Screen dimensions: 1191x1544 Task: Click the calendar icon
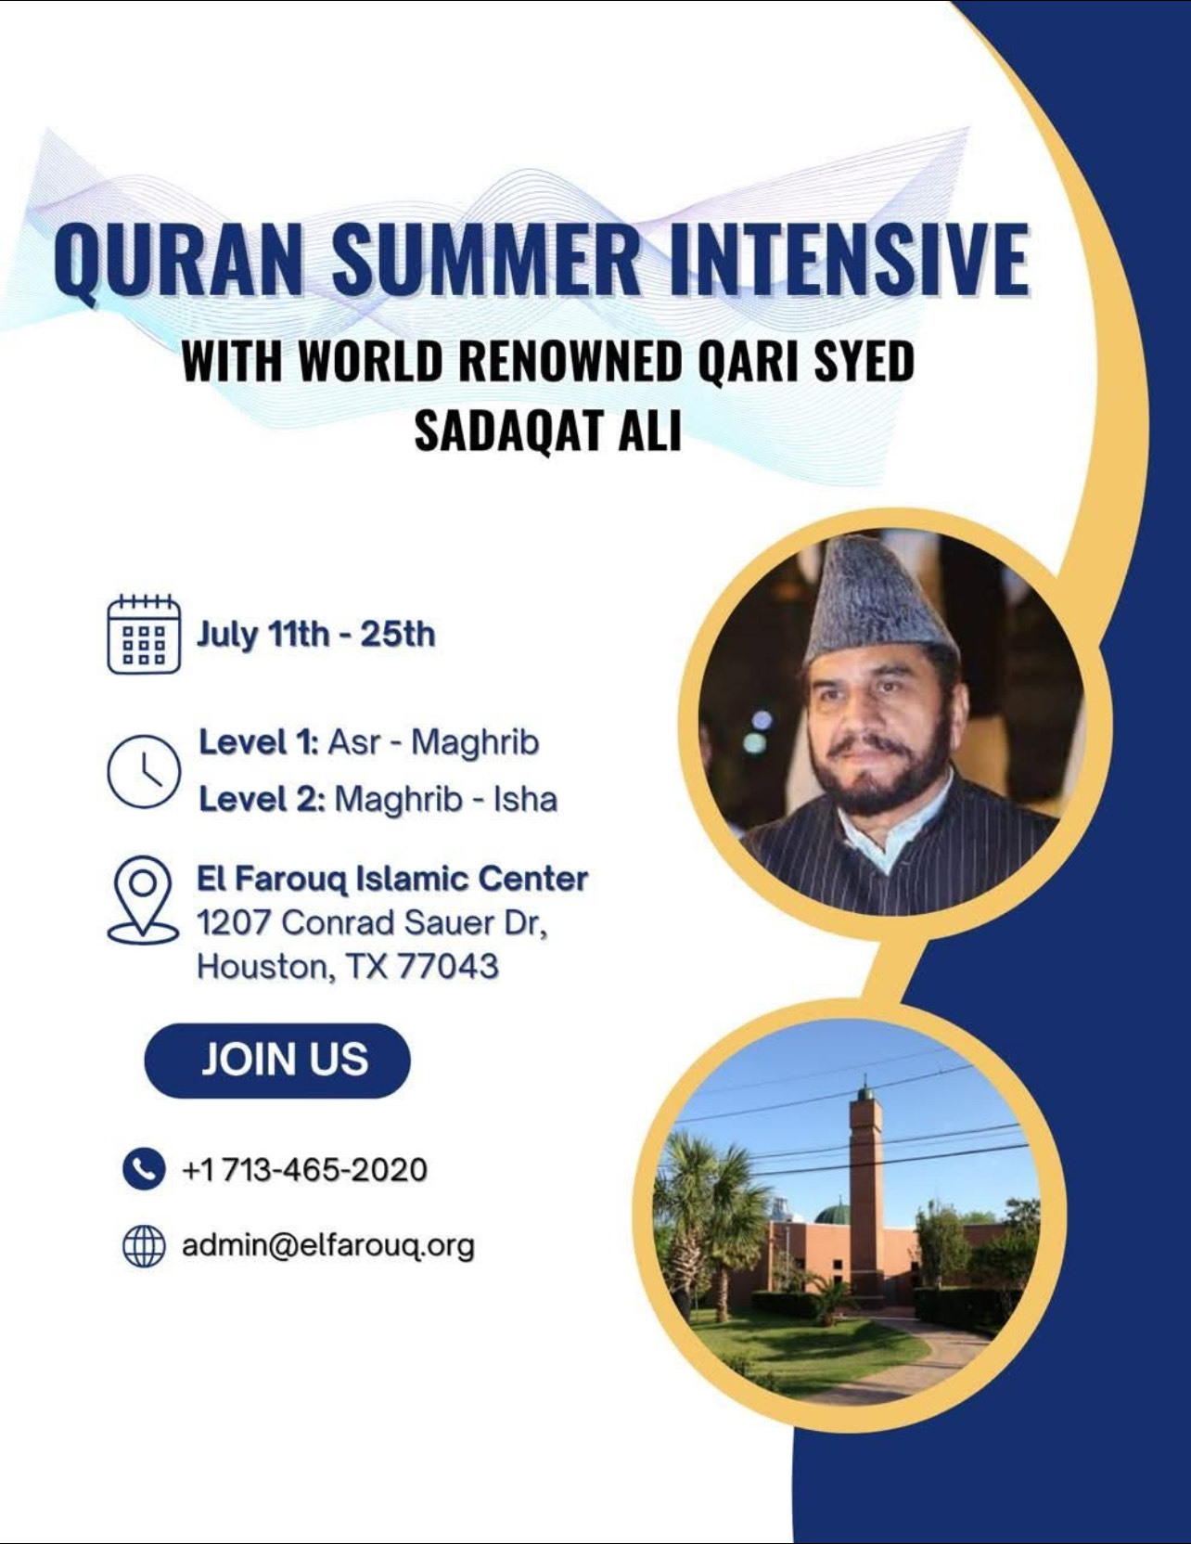coord(144,634)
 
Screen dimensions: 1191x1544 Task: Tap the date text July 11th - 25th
coord(315,635)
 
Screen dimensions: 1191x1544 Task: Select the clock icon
coord(143,772)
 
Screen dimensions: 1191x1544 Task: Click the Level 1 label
coord(259,742)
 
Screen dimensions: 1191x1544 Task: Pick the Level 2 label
coord(262,799)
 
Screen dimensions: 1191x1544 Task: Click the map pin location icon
coord(143,899)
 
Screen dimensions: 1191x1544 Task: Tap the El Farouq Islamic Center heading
coord(392,879)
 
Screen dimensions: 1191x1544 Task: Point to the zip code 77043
coord(448,967)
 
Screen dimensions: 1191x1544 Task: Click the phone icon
coord(144,1168)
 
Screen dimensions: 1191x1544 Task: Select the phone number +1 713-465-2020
coord(304,1169)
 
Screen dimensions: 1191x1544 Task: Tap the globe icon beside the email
coord(144,1246)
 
